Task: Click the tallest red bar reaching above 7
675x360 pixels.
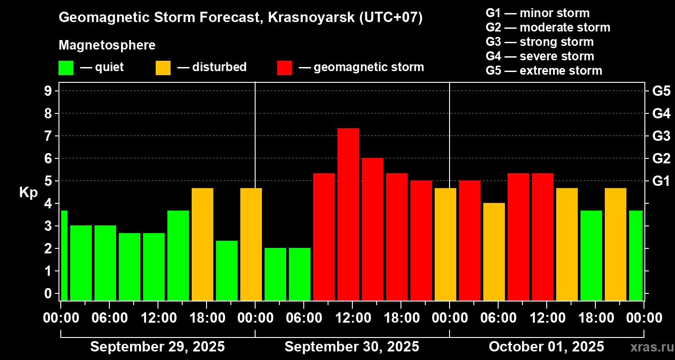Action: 348,214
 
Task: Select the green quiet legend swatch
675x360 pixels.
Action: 66,68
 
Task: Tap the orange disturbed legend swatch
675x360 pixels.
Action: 163,68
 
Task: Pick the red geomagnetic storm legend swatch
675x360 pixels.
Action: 284,68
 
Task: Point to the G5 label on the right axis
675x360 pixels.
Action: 661,91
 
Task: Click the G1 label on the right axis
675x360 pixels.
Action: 661,181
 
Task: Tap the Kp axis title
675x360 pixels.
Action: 28,193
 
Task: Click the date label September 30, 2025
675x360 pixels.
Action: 352,347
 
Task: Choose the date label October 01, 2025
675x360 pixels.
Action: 546,347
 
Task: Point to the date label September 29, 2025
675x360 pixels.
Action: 157,347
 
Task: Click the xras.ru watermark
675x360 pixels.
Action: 648,347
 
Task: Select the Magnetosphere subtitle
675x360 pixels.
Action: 107,45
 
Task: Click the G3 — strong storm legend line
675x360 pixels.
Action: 540,42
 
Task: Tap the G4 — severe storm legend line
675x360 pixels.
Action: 540,56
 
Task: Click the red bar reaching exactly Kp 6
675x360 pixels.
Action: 373,229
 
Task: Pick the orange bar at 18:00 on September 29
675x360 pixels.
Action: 202,244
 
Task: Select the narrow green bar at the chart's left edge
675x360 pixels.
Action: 64,255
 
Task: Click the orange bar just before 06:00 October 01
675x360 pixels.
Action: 494,251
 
